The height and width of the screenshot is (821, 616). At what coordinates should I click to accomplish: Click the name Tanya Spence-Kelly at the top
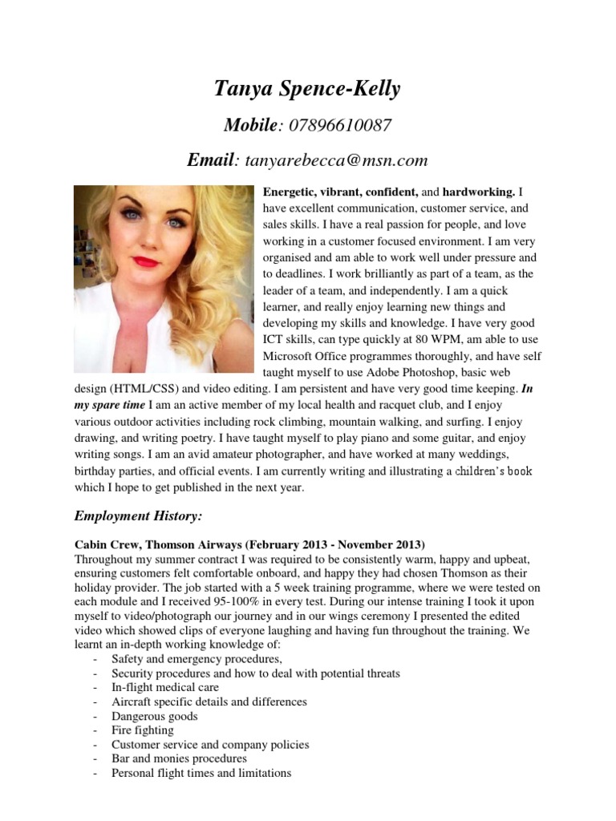tap(307, 88)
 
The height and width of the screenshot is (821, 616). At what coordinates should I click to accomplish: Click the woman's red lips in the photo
tap(147, 262)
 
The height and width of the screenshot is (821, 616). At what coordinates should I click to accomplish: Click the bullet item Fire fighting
tap(142, 730)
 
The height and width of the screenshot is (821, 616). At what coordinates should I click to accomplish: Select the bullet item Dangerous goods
tap(154, 716)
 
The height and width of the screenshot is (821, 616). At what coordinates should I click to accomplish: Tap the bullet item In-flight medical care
tap(165, 687)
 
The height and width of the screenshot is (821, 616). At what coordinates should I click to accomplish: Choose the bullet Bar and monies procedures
tap(179, 758)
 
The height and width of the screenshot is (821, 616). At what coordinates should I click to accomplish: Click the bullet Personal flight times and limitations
tap(201, 773)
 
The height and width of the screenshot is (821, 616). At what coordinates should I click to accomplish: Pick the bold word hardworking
tap(479, 192)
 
